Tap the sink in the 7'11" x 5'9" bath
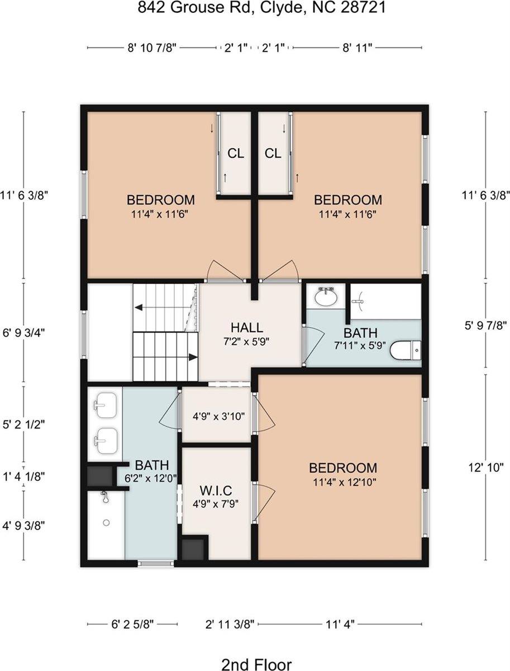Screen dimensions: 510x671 pos(326,296)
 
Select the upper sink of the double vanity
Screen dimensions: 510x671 pos(106,405)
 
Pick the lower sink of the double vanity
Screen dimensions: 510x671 pos(106,441)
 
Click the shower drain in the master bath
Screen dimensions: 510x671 pos(106,523)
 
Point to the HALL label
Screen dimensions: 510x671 pos(247,328)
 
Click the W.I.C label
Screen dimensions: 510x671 pos(216,490)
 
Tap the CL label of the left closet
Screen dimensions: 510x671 pos(236,153)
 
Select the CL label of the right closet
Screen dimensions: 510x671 pos(273,153)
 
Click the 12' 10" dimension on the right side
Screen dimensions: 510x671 pos(486,467)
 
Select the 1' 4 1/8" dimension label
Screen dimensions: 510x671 pos(24,476)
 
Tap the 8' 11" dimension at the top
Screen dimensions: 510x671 pos(358,48)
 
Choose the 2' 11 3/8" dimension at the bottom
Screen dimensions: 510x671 pos(230,624)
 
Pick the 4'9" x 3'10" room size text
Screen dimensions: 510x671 pos(218,416)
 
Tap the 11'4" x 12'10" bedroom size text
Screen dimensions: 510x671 pos(344,483)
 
